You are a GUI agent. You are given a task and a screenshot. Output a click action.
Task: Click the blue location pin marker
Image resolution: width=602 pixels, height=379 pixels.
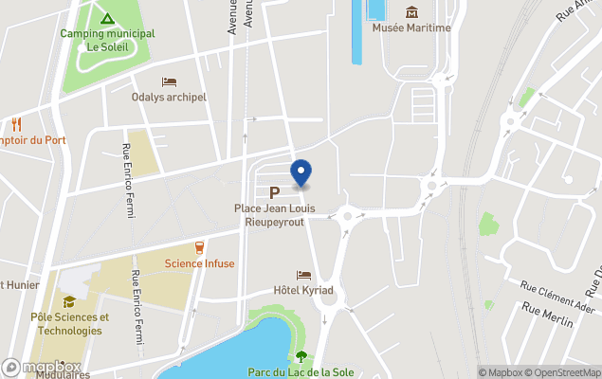click(301, 173)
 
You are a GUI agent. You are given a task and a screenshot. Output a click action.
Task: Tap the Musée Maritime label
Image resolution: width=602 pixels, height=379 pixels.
click(411, 27)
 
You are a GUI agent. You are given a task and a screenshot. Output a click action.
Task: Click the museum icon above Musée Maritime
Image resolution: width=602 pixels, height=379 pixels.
click(411, 11)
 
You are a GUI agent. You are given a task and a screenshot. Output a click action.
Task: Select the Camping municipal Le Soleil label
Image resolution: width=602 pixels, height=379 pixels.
click(107, 40)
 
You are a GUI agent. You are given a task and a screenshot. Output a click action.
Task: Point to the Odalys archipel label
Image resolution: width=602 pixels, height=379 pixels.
click(169, 97)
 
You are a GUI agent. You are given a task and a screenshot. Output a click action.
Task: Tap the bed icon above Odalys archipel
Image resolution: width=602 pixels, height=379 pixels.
click(169, 81)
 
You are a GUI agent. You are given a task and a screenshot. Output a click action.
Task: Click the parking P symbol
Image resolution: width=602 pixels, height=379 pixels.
click(275, 192)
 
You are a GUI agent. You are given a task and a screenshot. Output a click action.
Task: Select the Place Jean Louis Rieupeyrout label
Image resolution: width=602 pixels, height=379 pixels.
click(282, 214)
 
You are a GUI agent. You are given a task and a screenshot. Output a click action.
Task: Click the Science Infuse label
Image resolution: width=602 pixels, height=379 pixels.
click(199, 263)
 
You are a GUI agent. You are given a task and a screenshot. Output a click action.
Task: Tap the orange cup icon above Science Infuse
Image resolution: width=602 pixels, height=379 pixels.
click(199, 247)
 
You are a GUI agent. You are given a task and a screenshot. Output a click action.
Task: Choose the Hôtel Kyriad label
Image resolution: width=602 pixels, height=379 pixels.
click(303, 290)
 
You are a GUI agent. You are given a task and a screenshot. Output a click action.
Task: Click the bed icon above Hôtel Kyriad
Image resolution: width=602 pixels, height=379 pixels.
click(303, 274)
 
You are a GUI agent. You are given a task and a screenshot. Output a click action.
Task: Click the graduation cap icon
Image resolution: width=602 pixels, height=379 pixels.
click(67, 302)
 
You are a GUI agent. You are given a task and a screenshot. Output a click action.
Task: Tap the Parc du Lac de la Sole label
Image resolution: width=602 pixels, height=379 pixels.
click(301, 372)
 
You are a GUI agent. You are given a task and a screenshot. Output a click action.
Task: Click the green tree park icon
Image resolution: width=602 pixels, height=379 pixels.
click(301, 356)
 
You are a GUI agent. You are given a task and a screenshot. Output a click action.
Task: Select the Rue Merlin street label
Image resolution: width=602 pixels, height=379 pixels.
click(547, 316)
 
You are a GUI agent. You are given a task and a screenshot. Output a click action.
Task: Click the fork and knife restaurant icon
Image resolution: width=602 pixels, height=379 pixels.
click(16, 124)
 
